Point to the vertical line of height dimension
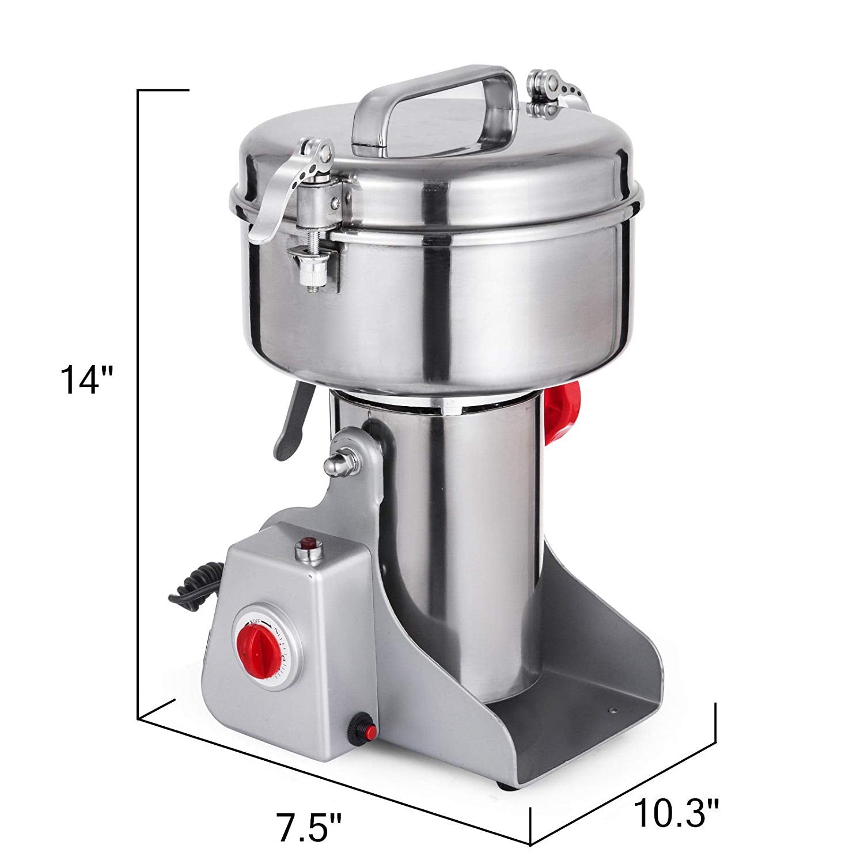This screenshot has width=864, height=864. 138,403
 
